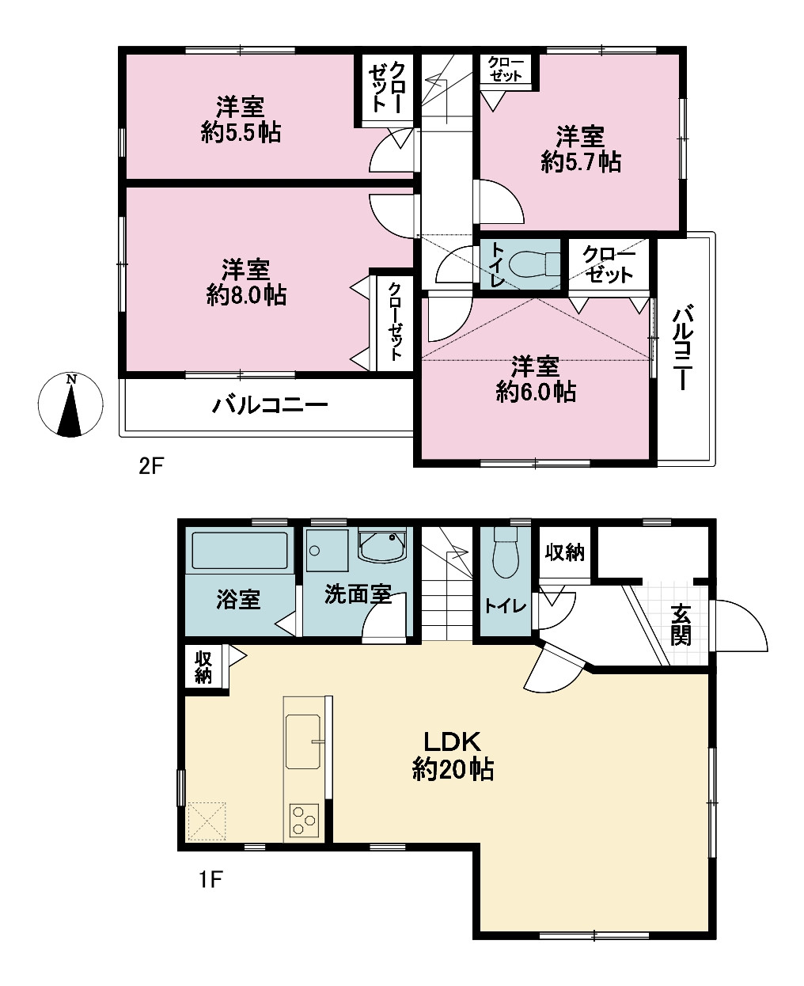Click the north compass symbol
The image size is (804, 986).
70,405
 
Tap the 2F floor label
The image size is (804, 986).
151,466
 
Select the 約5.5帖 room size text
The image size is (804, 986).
241,133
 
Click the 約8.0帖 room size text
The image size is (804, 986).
246,295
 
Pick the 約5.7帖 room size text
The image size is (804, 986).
581,162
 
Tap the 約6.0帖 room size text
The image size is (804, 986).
536,392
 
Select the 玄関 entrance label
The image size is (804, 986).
681,625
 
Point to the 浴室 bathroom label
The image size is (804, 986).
238,599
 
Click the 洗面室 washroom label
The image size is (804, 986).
358,593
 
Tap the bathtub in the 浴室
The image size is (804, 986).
239,551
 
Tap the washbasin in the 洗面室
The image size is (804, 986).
383,545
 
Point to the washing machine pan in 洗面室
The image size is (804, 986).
327,551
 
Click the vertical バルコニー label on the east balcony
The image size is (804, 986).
682,347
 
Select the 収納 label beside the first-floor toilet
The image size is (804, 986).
565,552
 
